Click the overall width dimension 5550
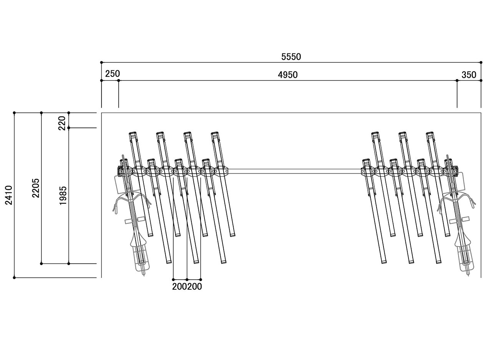click(x=291, y=57)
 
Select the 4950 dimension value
click(x=288, y=75)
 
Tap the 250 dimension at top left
click(x=113, y=74)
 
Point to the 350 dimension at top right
click(x=469, y=75)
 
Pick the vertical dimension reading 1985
click(x=63, y=195)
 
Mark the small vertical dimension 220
click(x=63, y=123)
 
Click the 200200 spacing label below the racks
click(x=187, y=287)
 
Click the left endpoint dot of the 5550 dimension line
click(x=101, y=62)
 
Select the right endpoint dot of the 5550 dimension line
click(x=481, y=62)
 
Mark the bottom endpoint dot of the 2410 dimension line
click(x=14, y=277)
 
